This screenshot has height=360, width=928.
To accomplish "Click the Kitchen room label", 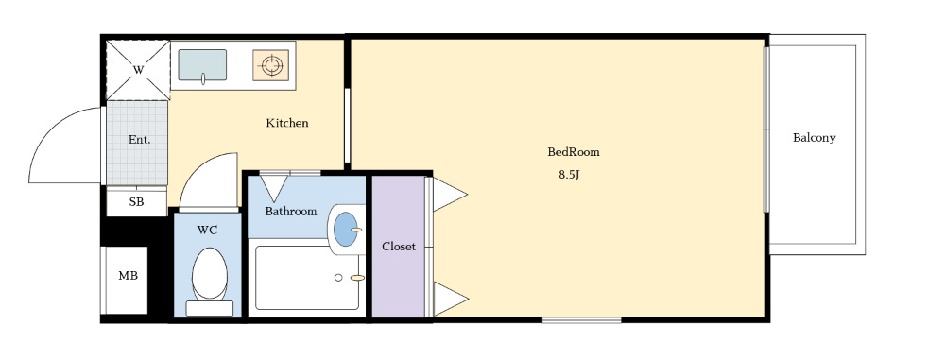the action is (x=287, y=123).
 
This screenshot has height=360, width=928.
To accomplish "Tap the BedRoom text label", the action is (x=573, y=152).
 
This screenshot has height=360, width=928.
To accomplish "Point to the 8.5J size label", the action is (x=568, y=175).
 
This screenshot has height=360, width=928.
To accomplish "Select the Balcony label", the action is (x=814, y=138).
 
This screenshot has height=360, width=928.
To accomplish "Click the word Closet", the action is (x=398, y=247).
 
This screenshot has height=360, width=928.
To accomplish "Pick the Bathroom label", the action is (x=290, y=212).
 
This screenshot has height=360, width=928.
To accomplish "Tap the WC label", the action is (x=207, y=230).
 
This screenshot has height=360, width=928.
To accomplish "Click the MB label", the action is (x=128, y=275).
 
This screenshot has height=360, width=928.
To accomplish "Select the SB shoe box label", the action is (x=136, y=202).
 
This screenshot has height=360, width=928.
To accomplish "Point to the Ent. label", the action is (x=139, y=141).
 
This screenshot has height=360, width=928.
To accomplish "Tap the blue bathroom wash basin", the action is (x=346, y=230).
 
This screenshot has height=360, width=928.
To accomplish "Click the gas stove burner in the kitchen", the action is (x=271, y=65).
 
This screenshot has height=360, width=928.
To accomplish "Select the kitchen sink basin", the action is (x=202, y=65).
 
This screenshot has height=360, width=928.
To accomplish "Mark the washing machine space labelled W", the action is (x=138, y=70).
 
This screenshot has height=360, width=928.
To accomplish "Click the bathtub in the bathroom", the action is (x=307, y=278).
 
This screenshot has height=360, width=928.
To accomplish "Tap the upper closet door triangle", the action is (x=450, y=194).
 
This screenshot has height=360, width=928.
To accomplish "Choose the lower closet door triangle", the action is (x=451, y=299).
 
